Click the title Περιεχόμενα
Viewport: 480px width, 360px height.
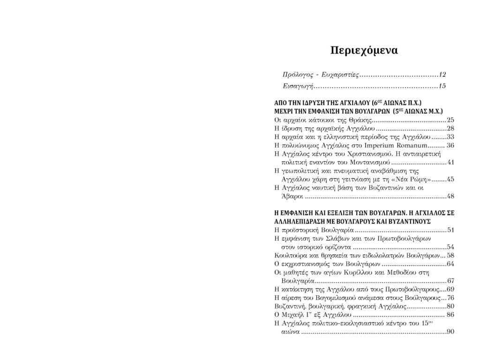(x=364, y=50)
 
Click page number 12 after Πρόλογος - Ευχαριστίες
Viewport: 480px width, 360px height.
(x=442, y=75)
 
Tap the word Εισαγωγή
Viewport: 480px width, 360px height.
(x=298, y=86)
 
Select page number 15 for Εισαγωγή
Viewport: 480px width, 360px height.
(x=442, y=86)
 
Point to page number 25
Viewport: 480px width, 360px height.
(x=450, y=120)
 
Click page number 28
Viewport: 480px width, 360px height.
(x=450, y=128)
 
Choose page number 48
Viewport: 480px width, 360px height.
(x=450, y=196)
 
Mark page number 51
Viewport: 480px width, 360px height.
(x=450, y=230)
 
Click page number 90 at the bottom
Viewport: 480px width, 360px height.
(x=450, y=332)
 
